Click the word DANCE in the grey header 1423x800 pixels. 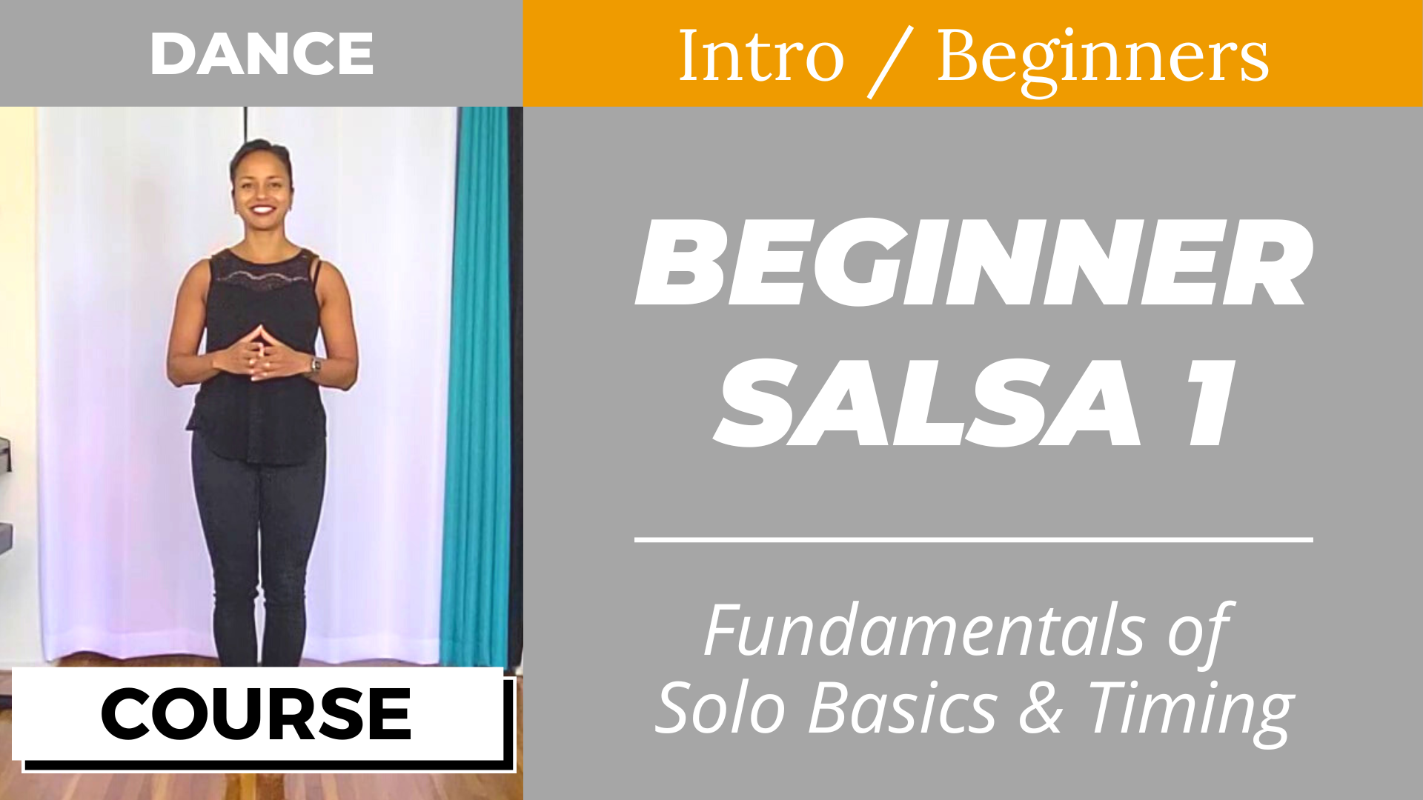(262, 53)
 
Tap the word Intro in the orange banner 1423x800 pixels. (761, 56)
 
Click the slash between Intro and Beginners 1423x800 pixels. (891, 61)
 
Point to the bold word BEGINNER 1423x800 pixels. (974, 262)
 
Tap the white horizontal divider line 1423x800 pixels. (974, 539)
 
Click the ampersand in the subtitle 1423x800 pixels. (1041, 708)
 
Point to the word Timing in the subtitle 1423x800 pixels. (1190, 713)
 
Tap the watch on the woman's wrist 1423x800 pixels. (316, 364)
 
